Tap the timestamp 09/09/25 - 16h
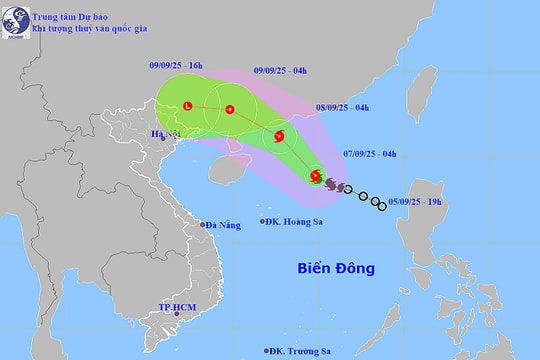pyautogui.click(x=181, y=65)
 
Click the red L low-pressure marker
pyautogui.click(x=188, y=105)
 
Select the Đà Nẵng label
pyautogui.click(x=222, y=225)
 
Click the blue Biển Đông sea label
pyautogui.click(x=335, y=268)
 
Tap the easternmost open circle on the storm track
pyautogui.click(x=383, y=207)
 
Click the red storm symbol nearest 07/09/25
pyautogui.click(x=316, y=177)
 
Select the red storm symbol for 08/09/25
pyautogui.click(x=279, y=136)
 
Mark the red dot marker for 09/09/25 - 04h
pyautogui.click(x=230, y=109)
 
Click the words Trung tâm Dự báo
pyautogui.click(x=67, y=15)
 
